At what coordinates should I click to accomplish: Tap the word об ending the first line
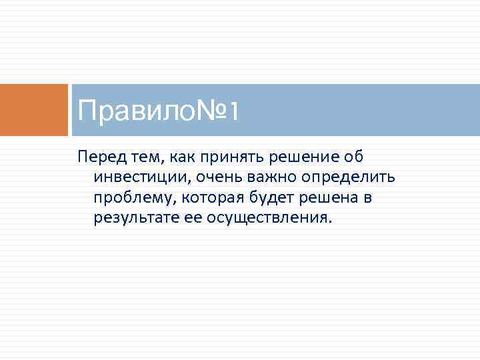click(350, 157)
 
